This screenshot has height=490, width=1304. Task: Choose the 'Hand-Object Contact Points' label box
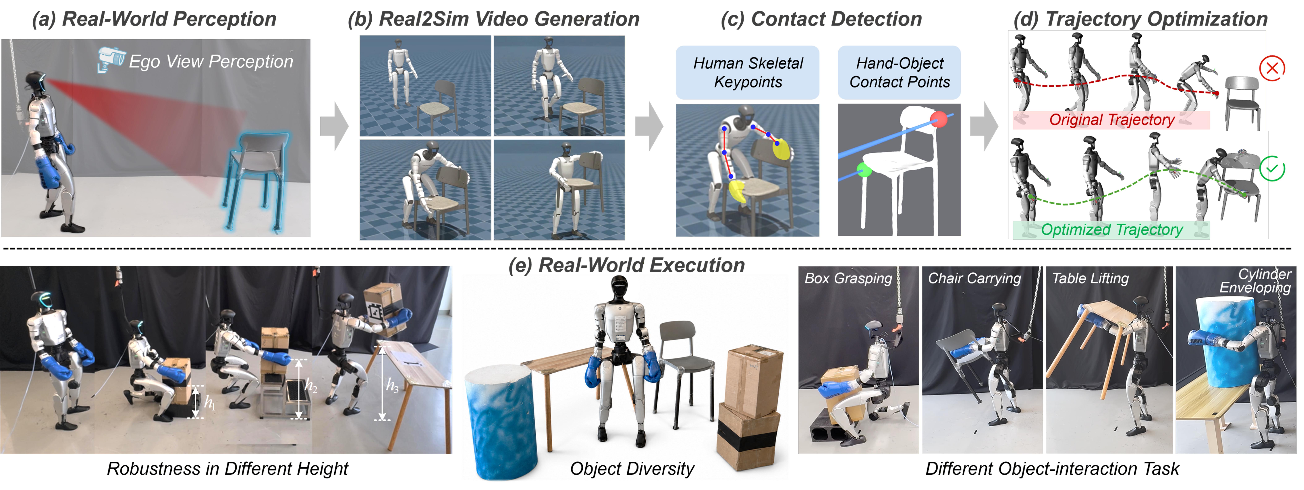(x=899, y=72)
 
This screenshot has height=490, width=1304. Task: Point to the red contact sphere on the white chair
(x=938, y=120)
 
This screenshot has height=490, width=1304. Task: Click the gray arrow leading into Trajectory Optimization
(x=984, y=126)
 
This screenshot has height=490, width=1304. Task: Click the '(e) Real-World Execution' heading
(x=626, y=265)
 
